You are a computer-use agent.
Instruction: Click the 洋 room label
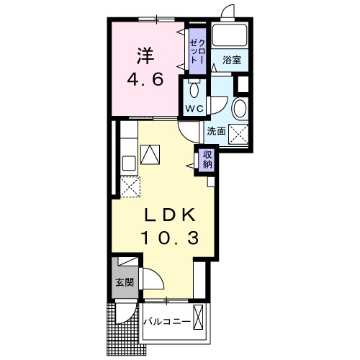pos(145,55)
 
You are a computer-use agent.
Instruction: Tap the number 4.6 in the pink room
pos(145,79)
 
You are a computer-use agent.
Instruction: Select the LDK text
pos(169,215)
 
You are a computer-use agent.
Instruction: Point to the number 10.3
pos(171,238)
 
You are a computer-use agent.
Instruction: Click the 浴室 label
pos(232,60)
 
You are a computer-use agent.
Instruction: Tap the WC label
pos(194,109)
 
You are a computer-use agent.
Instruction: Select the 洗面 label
pos(216,131)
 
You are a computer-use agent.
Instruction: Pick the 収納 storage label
pos(207,160)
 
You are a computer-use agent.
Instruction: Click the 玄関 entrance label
pos(125,282)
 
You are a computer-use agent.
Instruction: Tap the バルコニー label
pos(168,321)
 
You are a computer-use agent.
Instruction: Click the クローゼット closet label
pos(197,52)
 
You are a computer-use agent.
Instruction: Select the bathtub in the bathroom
pos(230,35)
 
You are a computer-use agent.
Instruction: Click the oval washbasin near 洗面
pos(240,109)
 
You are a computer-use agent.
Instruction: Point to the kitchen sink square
pos(129,163)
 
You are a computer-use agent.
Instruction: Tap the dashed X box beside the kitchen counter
pos(130,186)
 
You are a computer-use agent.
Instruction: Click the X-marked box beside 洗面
pos(238,135)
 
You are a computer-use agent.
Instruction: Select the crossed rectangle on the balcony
pos(198,317)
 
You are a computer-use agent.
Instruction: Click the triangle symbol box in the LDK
pos(150,155)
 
